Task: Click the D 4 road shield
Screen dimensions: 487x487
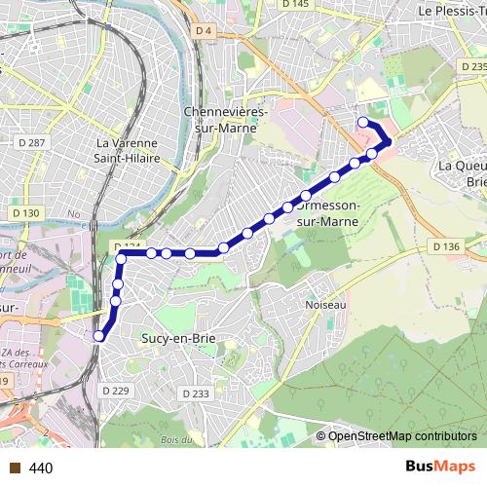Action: [203, 31]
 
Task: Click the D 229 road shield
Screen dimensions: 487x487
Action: [115, 390]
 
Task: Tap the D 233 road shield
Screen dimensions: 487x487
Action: [195, 393]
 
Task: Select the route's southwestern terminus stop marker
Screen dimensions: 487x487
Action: [98, 337]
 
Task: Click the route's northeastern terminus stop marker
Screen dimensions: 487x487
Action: [362, 122]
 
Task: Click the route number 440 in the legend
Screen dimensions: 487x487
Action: [41, 468]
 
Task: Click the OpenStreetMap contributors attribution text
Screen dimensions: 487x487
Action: [402, 436]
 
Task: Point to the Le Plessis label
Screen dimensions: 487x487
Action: [451, 10]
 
